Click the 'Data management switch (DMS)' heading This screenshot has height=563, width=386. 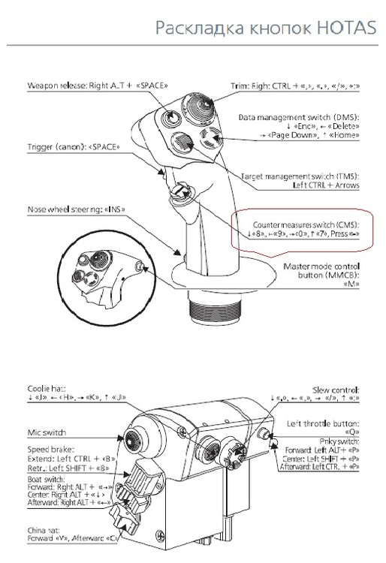pos(300,118)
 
